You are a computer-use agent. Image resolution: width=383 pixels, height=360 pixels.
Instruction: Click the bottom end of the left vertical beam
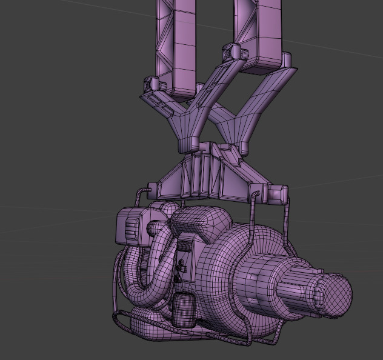point(179,87)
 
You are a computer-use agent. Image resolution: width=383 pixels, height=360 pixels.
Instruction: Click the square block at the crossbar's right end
point(278,195)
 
